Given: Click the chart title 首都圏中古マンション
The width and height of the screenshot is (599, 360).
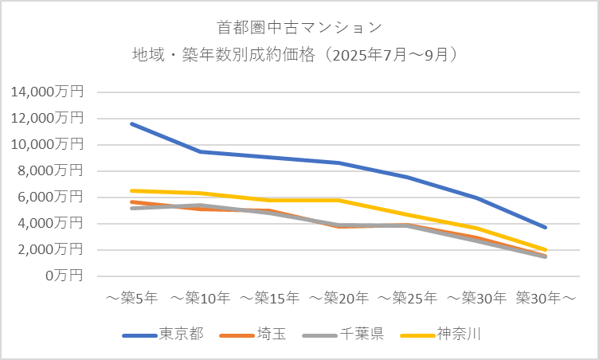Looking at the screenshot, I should (x=299, y=27).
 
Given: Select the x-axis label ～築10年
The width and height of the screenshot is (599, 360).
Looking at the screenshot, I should (x=200, y=298).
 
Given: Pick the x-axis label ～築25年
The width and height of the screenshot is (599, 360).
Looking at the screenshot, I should (x=407, y=298).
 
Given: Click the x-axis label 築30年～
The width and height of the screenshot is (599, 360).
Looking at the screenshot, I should (x=546, y=298).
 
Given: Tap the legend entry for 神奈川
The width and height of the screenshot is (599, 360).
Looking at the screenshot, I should (x=459, y=334).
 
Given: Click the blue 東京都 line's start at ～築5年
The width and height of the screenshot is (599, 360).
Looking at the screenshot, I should (x=131, y=123).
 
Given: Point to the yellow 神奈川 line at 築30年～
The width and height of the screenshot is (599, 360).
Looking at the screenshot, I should (x=546, y=250).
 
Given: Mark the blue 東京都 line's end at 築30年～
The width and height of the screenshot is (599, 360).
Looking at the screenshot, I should (x=546, y=228).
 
